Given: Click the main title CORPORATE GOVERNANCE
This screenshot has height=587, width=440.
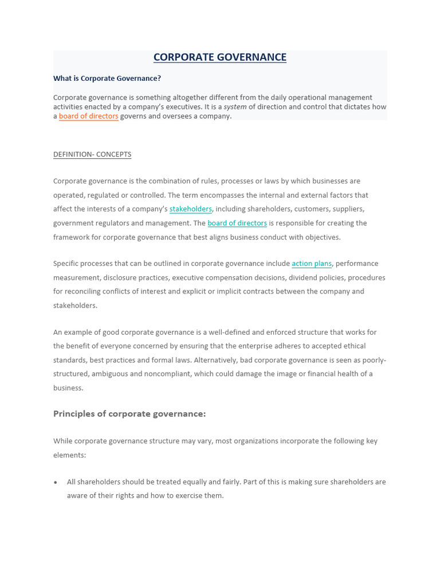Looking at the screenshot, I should click(x=220, y=57).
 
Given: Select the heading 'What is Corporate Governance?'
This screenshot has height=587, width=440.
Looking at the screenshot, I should click(x=107, y=79).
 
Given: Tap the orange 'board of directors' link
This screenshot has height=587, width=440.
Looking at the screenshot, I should click(x=89, y=116).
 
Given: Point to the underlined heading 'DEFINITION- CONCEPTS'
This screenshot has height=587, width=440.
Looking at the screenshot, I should click(x=92, y=155).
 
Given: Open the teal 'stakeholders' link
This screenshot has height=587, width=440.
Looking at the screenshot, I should click(x=191, y=209).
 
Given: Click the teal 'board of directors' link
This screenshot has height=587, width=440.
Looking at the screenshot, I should click(x=237, y=223).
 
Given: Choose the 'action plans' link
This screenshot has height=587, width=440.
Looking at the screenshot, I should click(x=312, y=264).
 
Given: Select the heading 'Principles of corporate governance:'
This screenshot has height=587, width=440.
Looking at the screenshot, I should click(x=129, y=414).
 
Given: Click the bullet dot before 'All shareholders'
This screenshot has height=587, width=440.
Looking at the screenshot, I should click(x=56, y=483).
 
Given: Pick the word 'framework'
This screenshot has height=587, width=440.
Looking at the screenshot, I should click(x=71, y=237).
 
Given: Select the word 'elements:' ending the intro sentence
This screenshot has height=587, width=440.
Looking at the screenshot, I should click(x=69, y=455).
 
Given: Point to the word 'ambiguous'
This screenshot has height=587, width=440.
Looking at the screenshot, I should click(x=112, y=374).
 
